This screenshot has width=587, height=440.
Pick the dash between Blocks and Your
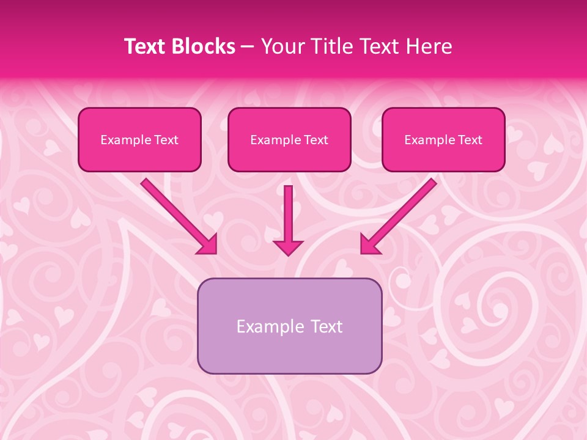click(x=248, y=47)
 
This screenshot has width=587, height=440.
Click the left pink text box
click(x=139, y=139)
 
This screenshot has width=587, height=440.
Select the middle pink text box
click(x=289, y=139)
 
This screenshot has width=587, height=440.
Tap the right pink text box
click(x=443, y=139)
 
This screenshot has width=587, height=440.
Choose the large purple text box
click(x=289, y=326)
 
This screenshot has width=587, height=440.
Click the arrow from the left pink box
click(x=179, y=216)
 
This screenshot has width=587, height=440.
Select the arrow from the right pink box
click(x=399, y=216)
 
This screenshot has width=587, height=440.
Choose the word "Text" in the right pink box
click(x=470, y=140)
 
